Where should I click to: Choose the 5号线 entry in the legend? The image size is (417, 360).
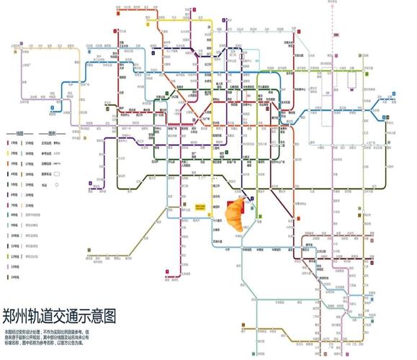click(13, 184)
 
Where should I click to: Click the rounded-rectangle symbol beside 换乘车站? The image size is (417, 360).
click(59, 174)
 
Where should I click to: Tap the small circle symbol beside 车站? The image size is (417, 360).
click(57, 184)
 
